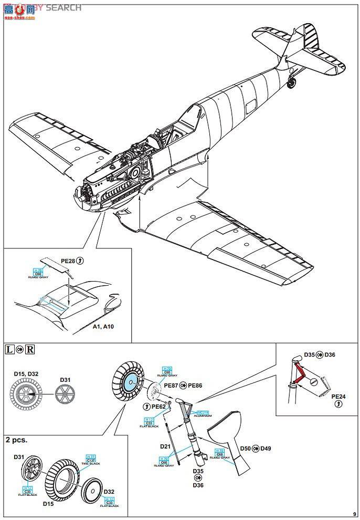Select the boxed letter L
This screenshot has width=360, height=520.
point(9,349)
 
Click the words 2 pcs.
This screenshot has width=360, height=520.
point(16,439)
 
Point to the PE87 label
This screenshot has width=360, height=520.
point(171,386)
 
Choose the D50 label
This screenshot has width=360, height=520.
point(246,448)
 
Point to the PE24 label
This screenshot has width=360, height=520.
point(339,397)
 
